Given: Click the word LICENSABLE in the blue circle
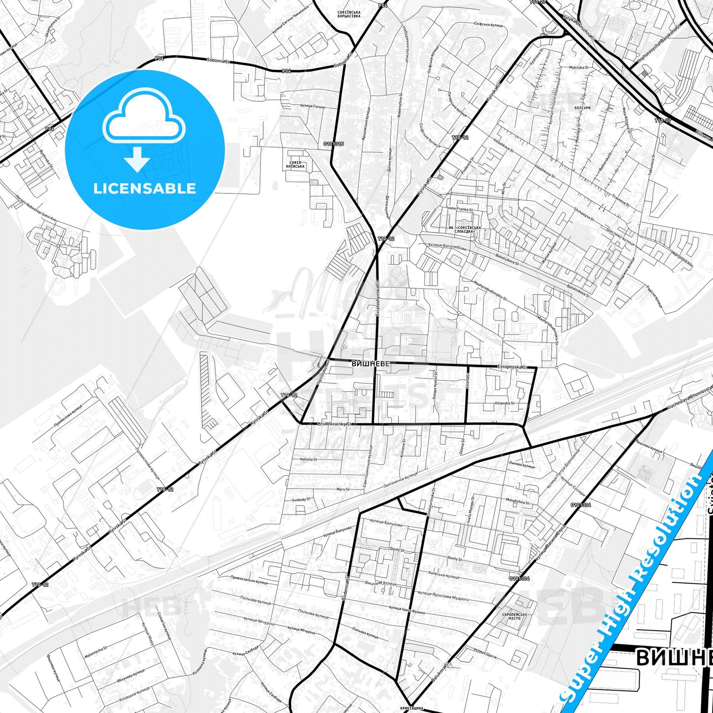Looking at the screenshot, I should click(145, 188).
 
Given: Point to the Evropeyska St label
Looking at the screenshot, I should click(513, 367).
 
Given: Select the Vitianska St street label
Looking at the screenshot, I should click(504, 403).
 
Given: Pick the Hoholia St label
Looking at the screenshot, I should click(308, 459).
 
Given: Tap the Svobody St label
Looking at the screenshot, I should click(301, 499).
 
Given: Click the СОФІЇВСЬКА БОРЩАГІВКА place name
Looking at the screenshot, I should click(349, 13).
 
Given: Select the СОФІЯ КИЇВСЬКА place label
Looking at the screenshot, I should click(295, 164).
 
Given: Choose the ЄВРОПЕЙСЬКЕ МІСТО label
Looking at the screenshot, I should click(515, 616).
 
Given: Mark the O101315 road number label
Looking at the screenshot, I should click(334, 144).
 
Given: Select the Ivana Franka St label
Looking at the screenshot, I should click(460, 210).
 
